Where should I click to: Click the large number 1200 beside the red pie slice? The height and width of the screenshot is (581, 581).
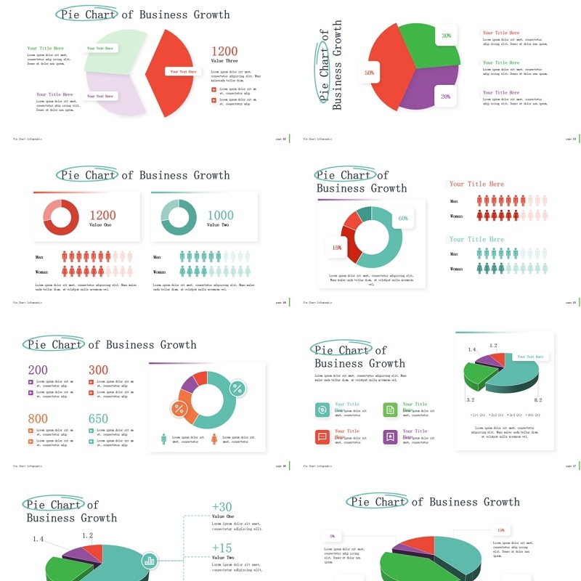(x=224, y=51)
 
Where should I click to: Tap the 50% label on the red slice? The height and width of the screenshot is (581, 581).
(x=370, y=73)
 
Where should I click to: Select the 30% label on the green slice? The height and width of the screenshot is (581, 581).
(x=446, y=35)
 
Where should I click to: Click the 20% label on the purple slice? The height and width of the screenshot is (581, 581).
(x=445, y=97)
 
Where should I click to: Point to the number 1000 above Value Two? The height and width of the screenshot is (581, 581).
(x=221, y=215)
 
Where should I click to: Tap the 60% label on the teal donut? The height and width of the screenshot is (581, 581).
(x=403, y=218)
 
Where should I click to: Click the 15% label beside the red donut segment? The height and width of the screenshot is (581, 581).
(x=337, y=248)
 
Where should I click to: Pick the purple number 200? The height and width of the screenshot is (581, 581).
(x=38, y=370)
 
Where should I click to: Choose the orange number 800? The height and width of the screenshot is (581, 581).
(x=38, y=419)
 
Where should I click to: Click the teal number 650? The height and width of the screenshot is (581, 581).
(x=99, y=419)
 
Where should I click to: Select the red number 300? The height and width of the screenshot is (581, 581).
(x=99, y=370)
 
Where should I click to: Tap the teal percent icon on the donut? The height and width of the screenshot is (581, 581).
(x=237, y=388)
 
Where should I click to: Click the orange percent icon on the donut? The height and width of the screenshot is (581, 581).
(x=179, y=409)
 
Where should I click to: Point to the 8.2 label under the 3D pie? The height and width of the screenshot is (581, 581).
(x=538, y=400)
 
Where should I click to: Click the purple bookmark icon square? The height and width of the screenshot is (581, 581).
(x=390, y=436)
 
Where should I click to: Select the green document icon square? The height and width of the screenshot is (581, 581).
(x=390, y=410)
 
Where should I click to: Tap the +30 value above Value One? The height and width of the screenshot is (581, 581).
(x=222, y=507)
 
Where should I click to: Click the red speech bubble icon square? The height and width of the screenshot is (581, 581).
(x=322, y=436)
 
